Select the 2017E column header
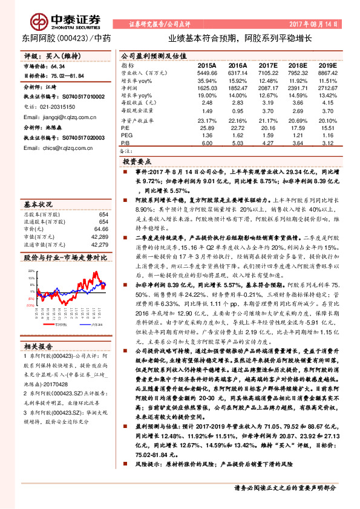pyautogui.click(x=267, y=65)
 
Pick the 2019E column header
pyautogui.click(x=327, y=65)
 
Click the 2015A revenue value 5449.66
pyautogui.click(x=206, y=73)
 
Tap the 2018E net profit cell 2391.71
pyautogui.click(x=297, y=88)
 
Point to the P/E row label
pyautogui.click(x=126, y=128)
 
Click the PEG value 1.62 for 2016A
pyautogui.click(x=238, y=135)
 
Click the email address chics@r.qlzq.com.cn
pyautogui.click(x=58, y=148)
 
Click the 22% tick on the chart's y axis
pyautogui.click(x=31, y=271)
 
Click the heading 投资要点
pyautogui.click(x=137, y=163)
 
